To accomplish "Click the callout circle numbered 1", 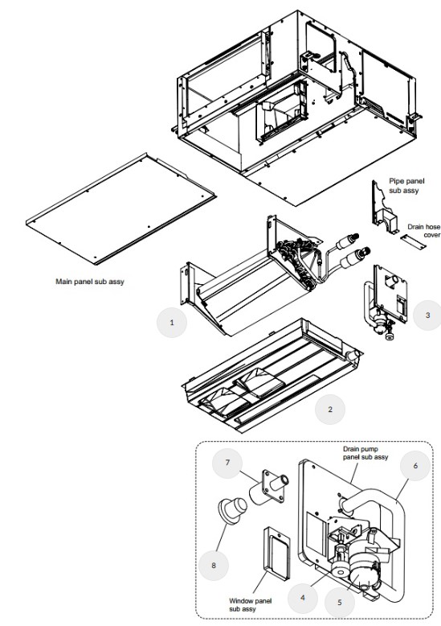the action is (x=172, y=322).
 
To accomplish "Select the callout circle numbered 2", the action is (x=330, y=410).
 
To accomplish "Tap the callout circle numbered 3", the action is (x=427, y=315).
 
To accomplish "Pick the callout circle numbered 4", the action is (x=303, y=598).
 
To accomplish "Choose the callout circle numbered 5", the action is (x=340, y=602).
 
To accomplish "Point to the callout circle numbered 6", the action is (x=415, y=466).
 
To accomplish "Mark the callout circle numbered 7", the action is (x=227, y=463).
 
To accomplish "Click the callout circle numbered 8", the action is (x=214, y=566).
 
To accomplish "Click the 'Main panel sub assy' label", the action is (x=90, y=282).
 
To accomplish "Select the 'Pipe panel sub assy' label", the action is (x=406, y=186).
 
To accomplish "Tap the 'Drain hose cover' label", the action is (x=424, y=231).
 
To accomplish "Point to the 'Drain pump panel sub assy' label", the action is (x=365, y=453).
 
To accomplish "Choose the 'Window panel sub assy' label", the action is (x=250, y=604).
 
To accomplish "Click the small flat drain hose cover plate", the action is (x=413, y=242).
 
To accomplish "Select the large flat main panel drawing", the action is (x=120, y=208).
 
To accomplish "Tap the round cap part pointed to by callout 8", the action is (x=232, y=509).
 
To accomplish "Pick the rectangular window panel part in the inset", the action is (x=276, y=553).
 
